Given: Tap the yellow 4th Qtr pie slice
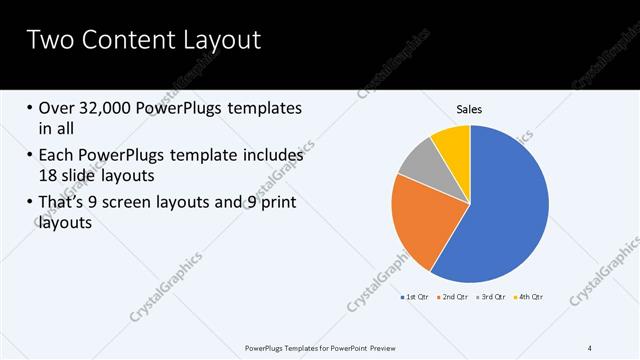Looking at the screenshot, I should coord(452,140).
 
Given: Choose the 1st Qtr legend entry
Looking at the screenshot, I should coord(414,297).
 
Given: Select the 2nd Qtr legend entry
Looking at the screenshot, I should coord(452,297).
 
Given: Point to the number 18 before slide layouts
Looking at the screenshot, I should coord(51,175).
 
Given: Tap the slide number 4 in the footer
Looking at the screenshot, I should coord(590,347).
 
